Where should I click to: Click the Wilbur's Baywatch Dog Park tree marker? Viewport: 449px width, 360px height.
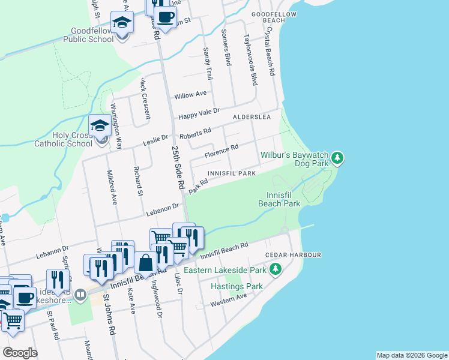(338, 158)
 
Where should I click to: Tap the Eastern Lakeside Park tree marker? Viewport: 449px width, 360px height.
(276, 270)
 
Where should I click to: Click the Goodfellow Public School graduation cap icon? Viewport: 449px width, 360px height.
(122, 24)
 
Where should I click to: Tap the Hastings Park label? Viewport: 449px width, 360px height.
(237, 286)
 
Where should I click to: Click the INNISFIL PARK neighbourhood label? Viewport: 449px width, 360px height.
(232, 173)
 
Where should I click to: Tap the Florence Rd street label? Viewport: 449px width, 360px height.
(221, 151)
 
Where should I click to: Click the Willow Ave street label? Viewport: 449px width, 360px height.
(190, 95)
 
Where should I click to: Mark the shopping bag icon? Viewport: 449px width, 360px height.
(146, 263)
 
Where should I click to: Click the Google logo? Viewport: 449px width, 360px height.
(20, 353)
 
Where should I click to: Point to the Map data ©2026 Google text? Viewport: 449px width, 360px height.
(412, 355)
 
